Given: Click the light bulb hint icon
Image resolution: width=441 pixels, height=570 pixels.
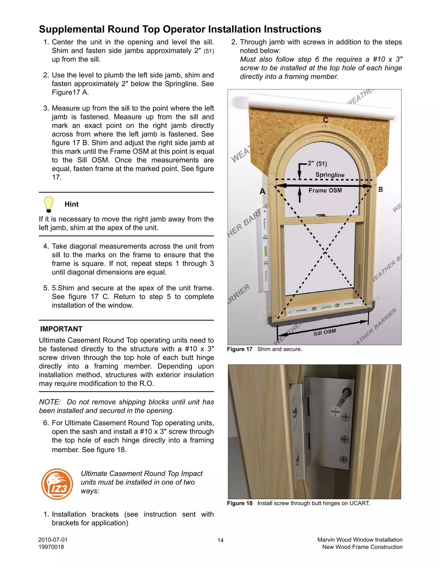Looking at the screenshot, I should (49, 204).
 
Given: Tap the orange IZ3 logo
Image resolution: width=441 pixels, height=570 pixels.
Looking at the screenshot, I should (57, 484).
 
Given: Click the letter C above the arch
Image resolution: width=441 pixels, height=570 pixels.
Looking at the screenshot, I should (326, 120).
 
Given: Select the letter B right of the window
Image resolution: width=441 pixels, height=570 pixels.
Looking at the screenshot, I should (380, 189).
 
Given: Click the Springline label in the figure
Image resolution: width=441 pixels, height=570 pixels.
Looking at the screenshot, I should (330, 175).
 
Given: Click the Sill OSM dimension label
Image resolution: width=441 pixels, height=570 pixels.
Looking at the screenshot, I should (325, 333).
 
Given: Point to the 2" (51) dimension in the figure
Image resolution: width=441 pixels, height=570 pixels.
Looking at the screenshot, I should (317, 164).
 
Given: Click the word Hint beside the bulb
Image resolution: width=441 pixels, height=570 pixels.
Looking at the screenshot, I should (71, 204).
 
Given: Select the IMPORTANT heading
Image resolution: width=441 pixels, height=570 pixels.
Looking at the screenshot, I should (61, 329).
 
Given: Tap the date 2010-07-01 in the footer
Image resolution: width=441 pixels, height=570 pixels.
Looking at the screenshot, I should (53, 540).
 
